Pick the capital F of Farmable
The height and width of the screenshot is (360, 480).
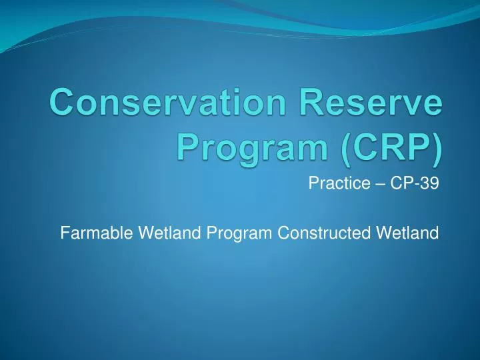tap(65, 233)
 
